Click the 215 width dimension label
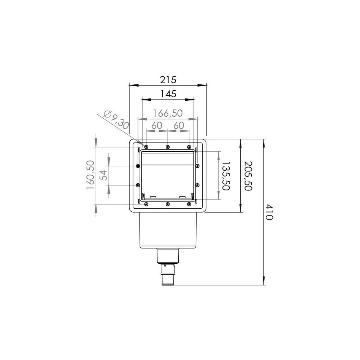168,80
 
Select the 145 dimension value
168,94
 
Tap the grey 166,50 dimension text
168,113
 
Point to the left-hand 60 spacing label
157,125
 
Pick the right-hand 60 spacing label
178,125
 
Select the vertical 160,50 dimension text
90,176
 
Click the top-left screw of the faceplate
146,146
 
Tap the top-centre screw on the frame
168,146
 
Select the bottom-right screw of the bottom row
189,205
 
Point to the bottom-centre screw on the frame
167,205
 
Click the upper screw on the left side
138,166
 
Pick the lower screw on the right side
197,185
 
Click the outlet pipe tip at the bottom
168,282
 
